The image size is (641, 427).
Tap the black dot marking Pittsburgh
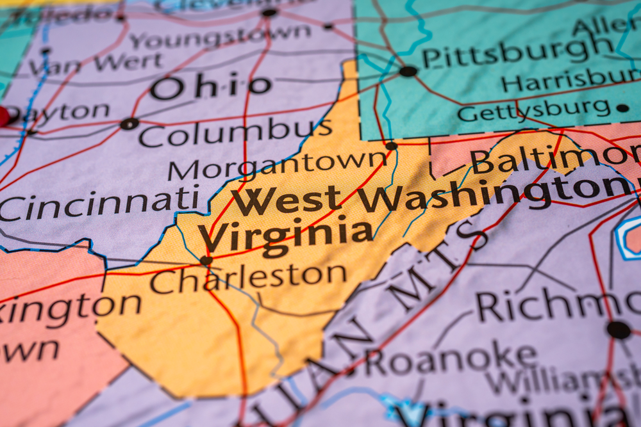pos(408,71)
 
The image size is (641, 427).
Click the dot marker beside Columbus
pos(129,124)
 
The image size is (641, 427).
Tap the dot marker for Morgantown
pos(391,146)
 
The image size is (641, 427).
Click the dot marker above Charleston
pos(206,261)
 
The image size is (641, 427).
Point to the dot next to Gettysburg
pos(622,108)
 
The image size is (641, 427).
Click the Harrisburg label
pos(570,80)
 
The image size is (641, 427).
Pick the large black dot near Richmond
pos(618,330)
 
